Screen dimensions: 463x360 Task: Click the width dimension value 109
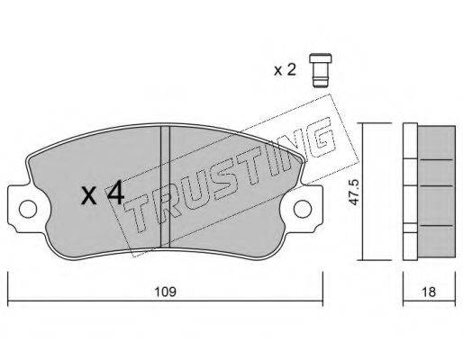165,292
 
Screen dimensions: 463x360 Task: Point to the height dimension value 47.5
355,193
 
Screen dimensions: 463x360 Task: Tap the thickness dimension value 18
429,292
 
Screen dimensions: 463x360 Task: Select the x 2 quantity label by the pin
285,70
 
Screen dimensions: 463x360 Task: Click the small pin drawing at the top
321,70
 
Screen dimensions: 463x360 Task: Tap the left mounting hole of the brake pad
28,209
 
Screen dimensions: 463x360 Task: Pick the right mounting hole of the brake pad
303,209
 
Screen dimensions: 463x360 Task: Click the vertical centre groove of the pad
165,186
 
